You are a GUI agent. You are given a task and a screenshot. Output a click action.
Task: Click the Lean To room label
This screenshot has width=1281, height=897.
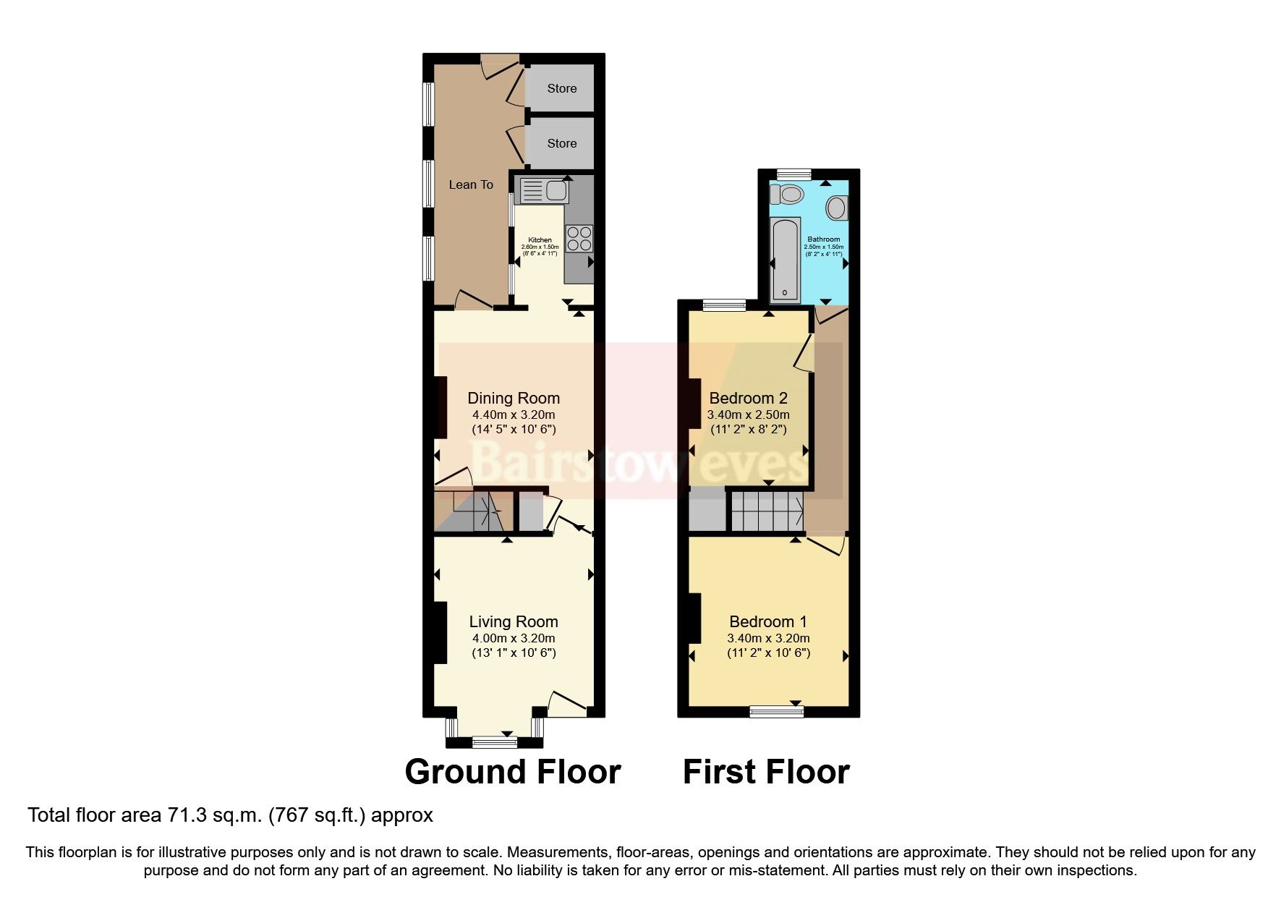point(471,184)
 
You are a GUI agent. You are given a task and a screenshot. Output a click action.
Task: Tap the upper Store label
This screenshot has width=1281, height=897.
point(561,88)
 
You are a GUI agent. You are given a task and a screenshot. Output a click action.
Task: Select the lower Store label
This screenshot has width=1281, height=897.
point(561,143)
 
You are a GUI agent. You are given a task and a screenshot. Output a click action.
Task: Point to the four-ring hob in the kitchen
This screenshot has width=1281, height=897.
point(579,239)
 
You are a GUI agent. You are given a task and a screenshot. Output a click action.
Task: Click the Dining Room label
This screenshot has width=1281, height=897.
point(514,398)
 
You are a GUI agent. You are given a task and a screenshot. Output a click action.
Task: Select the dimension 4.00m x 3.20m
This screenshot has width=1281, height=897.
point(514,638)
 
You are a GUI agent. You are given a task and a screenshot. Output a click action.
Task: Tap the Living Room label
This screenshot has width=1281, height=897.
point(514,621)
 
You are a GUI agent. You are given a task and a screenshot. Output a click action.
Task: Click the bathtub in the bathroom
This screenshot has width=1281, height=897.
point(785,259)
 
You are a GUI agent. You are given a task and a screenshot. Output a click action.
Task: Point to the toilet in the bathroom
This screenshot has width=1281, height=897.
point(787,195)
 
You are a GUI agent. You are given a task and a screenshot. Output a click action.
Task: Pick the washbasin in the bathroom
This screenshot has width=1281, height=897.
point(837,208)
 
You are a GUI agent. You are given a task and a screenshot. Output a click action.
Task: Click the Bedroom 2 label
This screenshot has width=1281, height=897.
point(748,398)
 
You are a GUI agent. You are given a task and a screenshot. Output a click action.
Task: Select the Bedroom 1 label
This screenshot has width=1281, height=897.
point(767,621)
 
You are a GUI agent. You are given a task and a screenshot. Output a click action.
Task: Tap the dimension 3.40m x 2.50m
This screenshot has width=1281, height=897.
point(748,415)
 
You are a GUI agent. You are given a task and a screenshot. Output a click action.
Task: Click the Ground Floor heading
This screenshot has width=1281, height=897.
point(513,772)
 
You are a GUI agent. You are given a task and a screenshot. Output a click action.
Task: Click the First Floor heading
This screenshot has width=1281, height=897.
point(766,772)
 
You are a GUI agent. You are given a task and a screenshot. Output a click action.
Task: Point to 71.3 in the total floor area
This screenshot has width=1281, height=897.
point(183,815)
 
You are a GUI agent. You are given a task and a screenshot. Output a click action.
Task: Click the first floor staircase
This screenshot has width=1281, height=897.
point(767,511)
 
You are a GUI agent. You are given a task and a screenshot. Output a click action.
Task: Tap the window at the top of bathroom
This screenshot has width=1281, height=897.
point(793,174)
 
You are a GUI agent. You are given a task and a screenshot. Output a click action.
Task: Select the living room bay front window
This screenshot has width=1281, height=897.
point(495,741)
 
